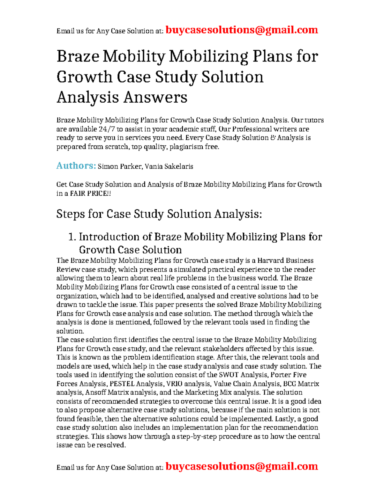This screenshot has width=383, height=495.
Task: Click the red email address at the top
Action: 242,30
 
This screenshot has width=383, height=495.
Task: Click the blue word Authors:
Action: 76,166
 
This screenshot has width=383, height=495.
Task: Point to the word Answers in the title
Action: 155,97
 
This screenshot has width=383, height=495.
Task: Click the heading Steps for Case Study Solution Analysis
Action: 159,214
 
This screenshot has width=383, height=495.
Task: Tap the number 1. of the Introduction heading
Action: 72,237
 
